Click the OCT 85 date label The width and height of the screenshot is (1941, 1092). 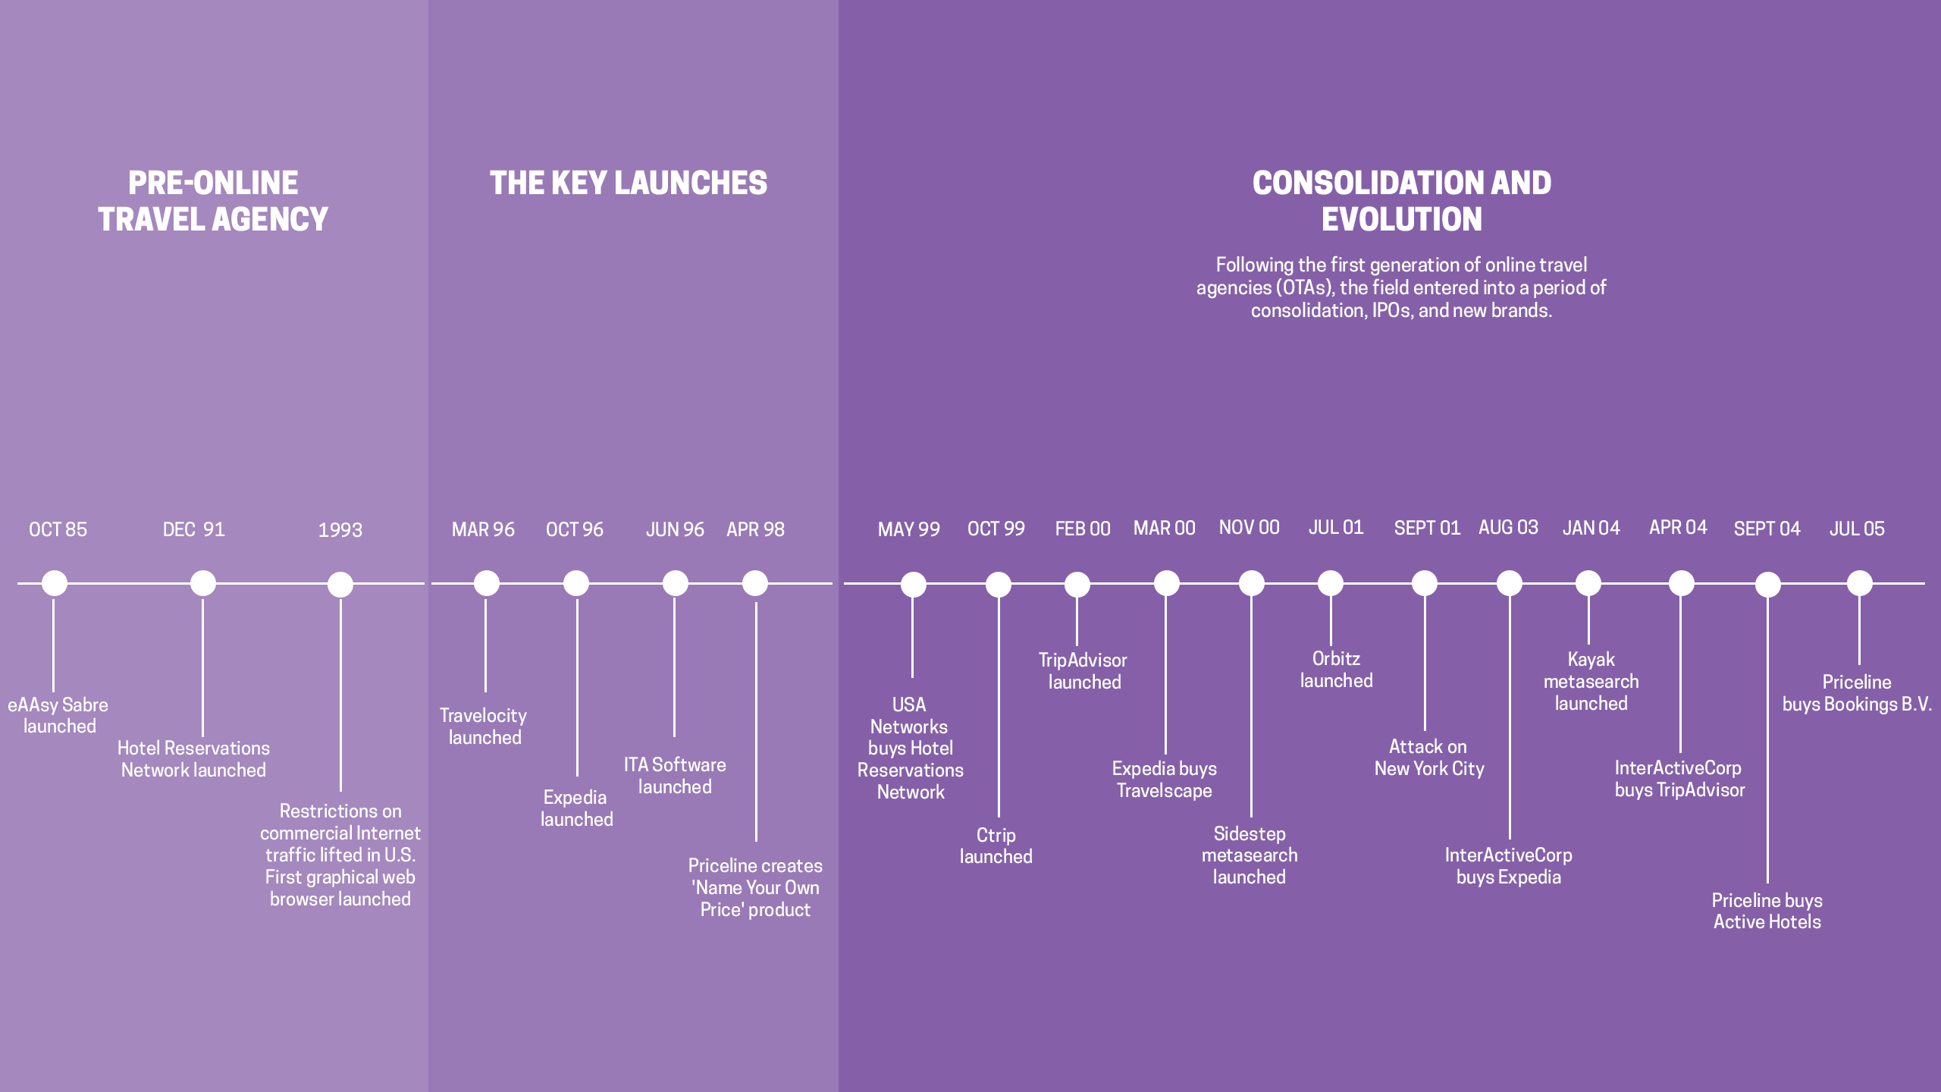click(58, 529)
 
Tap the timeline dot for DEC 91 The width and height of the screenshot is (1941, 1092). click(202, 583)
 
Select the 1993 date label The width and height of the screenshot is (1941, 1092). click(340, 530)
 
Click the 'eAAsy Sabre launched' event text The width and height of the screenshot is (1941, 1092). click(58, 715)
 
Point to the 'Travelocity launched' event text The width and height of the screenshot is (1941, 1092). click(484, 726)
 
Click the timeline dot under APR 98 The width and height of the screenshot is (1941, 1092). click(755, 583)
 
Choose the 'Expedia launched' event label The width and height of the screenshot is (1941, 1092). click(576, 808)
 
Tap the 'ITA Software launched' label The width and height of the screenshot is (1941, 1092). click(675, 776)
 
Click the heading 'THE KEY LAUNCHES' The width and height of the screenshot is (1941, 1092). click(629, 183)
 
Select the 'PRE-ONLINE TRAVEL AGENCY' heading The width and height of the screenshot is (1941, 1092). click(213, 201)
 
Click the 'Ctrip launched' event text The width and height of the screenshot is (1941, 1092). click(996, 846)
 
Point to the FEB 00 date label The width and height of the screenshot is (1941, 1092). click(1083, 529)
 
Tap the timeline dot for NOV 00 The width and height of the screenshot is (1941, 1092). click(1252, 583)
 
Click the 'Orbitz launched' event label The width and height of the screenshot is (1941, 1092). click(1336, 670)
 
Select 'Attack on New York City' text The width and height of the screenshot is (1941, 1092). click(1429, 758)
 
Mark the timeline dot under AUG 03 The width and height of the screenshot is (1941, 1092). click(1510, 583)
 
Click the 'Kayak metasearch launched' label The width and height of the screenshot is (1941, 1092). click(1591, 681)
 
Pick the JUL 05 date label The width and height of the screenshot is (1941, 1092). click(1857, 529)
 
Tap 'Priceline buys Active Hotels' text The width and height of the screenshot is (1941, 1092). click(1767, 911)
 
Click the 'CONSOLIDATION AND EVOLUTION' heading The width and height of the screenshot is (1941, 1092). click(1402, 201)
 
